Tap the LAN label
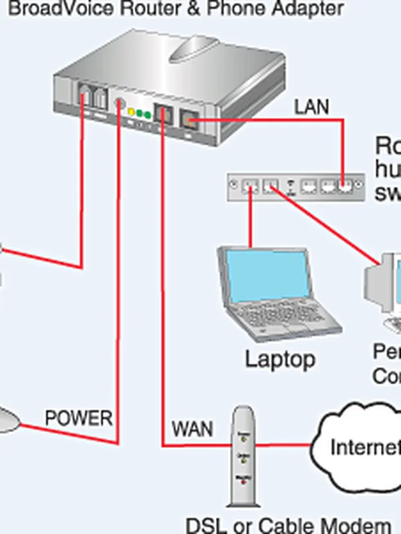(x=312, y=106)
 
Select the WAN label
(x=192, y=428)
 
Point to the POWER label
(x=78, y=419)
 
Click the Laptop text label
(x=279, y=359)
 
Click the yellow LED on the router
(x=132, y=111)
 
